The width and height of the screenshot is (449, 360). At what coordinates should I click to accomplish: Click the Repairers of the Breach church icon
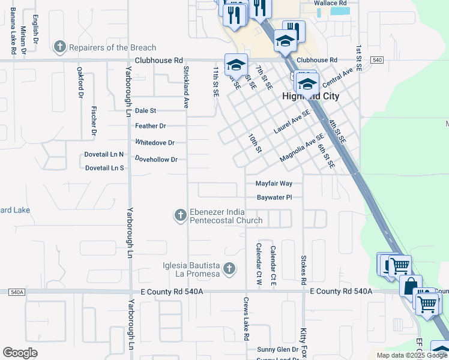pos(60,47)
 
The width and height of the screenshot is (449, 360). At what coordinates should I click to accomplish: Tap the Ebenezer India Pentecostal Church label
pos(226,215)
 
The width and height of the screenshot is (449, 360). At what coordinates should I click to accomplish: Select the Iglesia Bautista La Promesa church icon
pos(228,269)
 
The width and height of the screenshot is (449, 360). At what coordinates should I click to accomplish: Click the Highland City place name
pos(311,96)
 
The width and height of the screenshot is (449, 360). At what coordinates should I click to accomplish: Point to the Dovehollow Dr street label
pos(156,160)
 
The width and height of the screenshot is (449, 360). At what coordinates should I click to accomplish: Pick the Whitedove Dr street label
pos(154,143)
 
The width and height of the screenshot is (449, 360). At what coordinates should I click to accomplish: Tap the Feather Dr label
pos(150,126)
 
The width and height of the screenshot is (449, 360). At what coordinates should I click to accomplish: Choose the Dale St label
pos(145,110)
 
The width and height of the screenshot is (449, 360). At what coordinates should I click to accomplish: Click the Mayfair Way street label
pos(274,184)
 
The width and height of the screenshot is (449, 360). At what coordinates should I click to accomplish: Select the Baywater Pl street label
pos(274,197)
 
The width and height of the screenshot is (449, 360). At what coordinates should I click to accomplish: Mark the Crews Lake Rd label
pos(246,318)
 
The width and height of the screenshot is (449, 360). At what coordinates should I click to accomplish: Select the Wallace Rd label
pos(331,3)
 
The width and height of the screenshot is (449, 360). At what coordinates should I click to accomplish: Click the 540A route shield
pos(17,292)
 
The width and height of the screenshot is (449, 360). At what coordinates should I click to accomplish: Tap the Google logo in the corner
pos(20,353)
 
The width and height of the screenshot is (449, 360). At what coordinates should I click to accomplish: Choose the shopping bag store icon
pos(411,285)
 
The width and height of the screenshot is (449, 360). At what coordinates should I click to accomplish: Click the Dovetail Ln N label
pos(104,155)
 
